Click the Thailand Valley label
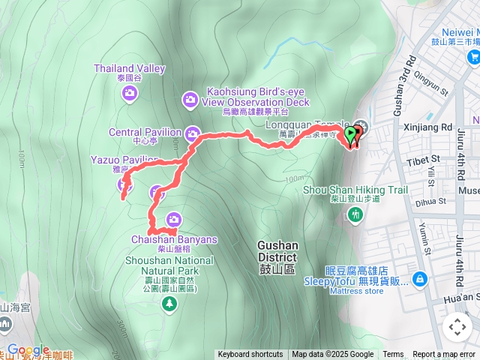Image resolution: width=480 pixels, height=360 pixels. point(130,68)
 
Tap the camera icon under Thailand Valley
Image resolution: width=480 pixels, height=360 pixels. point(130,92)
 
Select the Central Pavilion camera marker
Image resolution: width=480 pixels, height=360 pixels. point(193,133)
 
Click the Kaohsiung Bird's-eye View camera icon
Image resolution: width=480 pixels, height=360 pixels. point(190,99)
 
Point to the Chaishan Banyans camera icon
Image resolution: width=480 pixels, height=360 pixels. point(174,219)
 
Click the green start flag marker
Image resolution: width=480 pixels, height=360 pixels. point(349,135)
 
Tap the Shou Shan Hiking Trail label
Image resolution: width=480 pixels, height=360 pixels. point(355,190)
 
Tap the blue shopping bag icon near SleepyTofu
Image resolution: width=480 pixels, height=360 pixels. point(419,279)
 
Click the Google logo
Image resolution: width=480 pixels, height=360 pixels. point(28,349)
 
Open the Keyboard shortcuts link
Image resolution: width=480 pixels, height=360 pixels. point(250,355)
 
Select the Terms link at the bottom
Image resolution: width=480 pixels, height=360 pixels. point(393,355)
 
